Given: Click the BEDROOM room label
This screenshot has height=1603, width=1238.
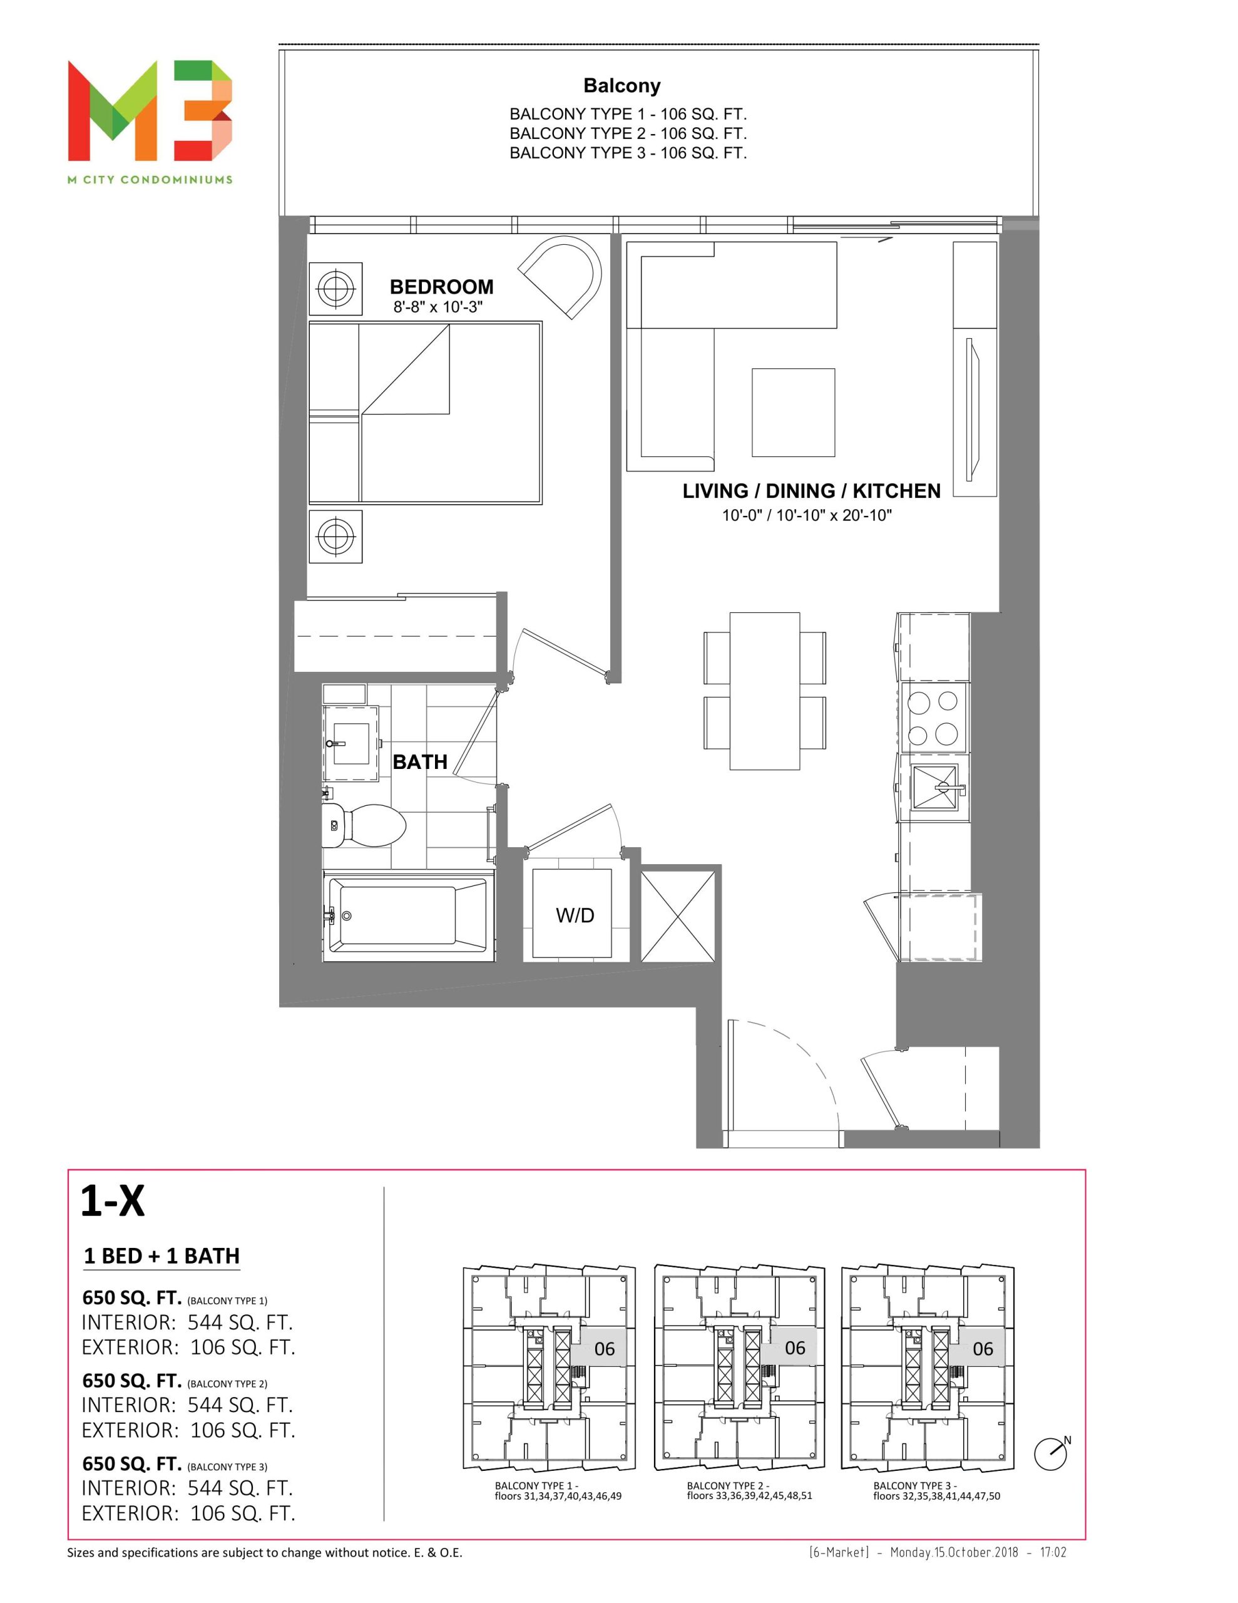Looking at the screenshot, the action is click(x=441, y=286).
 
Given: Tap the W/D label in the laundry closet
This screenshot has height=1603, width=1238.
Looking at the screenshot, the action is click(x=575, y=915).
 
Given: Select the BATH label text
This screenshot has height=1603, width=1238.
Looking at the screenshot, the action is click(x=420, y=762).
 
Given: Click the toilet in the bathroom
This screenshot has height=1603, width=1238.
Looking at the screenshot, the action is click(x=364, y=825).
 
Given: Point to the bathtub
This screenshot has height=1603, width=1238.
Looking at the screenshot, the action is click(x=408, y=915).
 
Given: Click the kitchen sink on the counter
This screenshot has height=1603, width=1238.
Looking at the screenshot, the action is click(x=935, y=788).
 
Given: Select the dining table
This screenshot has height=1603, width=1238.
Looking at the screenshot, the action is click(x=765, y=691).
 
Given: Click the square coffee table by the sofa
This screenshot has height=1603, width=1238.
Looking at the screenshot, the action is click(x=793, y=412).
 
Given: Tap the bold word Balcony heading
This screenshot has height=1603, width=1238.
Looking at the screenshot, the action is click(x=622, y=86).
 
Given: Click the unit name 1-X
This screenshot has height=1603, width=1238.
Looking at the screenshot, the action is click(x=112, y=1201).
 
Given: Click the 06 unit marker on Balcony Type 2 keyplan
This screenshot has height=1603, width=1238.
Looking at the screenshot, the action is click(x=795, y=1348).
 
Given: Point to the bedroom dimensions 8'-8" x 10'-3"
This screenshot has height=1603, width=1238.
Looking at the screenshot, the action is click(x=438, y=307).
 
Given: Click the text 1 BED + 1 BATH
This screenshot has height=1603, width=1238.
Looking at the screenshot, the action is click(x=161, y=1256).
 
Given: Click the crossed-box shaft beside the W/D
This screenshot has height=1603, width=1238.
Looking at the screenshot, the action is click(x=678, y=915).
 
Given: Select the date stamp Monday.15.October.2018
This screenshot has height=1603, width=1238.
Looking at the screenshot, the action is click(x=954, y=1552).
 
